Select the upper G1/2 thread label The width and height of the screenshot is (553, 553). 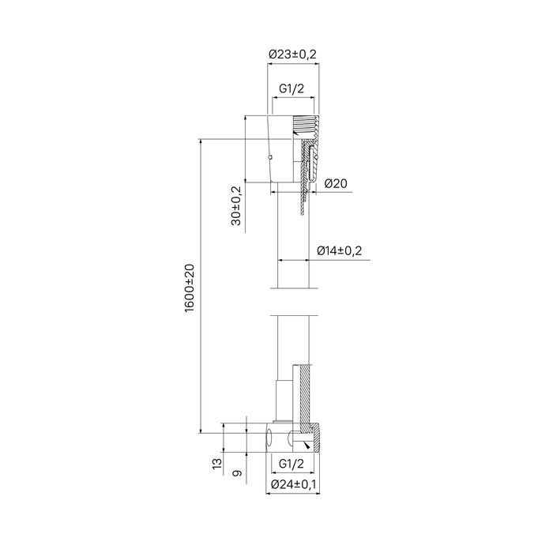click(x=292, y=90)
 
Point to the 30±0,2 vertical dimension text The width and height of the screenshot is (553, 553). click(x=236, y=206)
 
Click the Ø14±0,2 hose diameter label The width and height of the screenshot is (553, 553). click(x=340, y=250)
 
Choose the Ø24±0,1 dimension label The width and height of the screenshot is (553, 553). click(x=294, y=484)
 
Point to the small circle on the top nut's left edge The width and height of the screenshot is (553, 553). click(x=270, y=156)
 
